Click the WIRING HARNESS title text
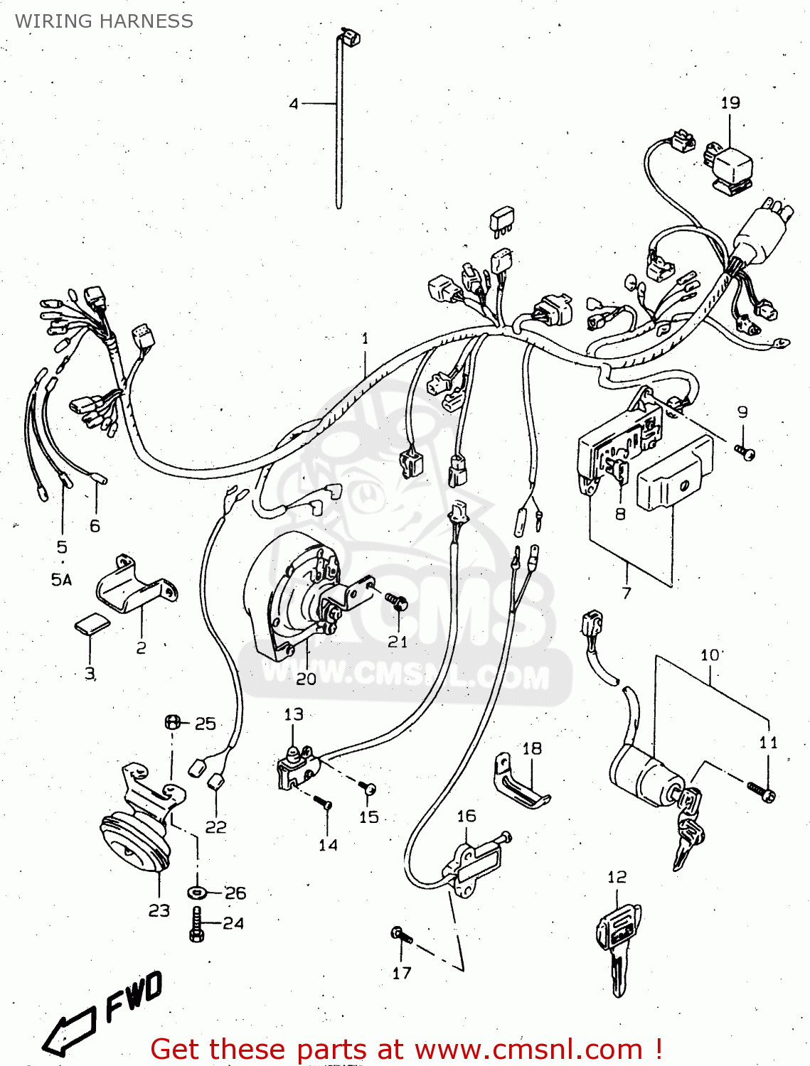tap(104, 21)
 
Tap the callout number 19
tap(730, 103)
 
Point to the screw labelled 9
tap(745, 452)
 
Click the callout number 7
tap(627, 592)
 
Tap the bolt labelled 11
tap(762, 790)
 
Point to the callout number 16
tap(467, 816)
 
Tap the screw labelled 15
tap(367, 787)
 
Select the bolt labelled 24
tap(197, 924)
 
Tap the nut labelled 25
tap(171, 723)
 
